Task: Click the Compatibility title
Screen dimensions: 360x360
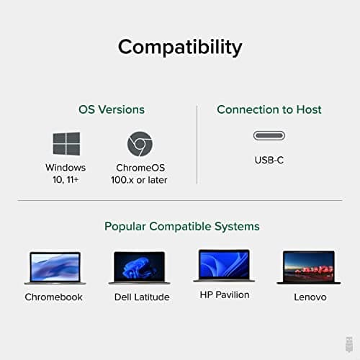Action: point(180,48)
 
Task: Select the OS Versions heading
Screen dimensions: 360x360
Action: point(112,109)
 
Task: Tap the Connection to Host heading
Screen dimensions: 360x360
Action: point(269,109)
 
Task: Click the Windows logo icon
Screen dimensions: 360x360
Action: point(66,144)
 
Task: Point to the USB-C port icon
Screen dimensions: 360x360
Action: point(269,135)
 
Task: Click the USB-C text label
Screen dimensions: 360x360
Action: point(269,160)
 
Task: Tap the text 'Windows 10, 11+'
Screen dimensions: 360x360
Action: point(66,174)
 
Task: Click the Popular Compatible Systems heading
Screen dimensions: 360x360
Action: point(182,226)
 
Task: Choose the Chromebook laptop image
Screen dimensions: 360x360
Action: point(54,268)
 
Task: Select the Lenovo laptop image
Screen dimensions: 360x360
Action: point(309,267)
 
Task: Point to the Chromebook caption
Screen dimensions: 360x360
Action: point(54,297)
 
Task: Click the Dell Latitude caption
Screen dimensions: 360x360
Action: point(142,297)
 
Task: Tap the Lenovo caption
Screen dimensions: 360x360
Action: point(310,297)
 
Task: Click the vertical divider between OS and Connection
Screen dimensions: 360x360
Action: point(197,145)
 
